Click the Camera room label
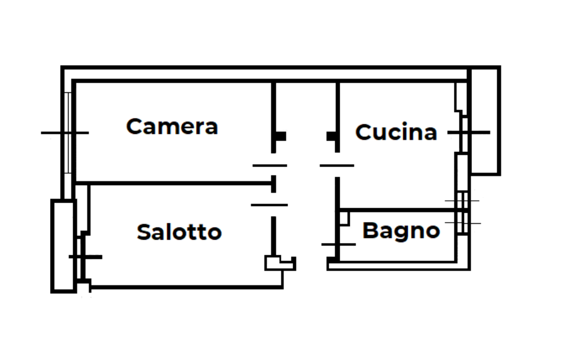point(172,126)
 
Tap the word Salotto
point(179,232)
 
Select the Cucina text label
point(396,132)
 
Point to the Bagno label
point(400,231)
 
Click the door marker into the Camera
point(270,165)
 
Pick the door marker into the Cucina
point(337,165)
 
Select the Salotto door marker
point(269,205)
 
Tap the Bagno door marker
point(338,244)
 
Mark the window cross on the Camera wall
point(65,133)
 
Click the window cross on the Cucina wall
point(469,132)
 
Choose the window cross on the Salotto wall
point(85,257)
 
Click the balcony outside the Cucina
point(485,120)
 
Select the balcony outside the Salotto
point(63,245)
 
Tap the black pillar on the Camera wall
point(281,136)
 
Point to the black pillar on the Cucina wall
point(331,136)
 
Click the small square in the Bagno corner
point(344,217)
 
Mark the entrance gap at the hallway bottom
point(311,264)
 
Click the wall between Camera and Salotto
point(174,183)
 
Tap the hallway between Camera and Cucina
point(305,124)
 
